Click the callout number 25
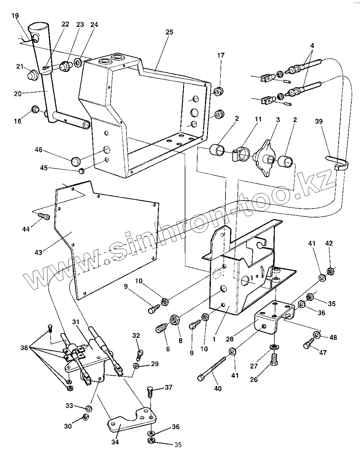tap(169, 32)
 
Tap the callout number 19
tap(15, 16)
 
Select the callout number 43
tap(38, 253)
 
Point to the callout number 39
tap(319, 121)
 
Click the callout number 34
tap(115, 442)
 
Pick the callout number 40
tap(218, 389)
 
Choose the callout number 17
tap(221, 55)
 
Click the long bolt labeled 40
tap(212, 368)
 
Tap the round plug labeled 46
tap(76, 161)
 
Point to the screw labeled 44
tap(44, 216)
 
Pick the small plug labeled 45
tap(82, 171)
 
